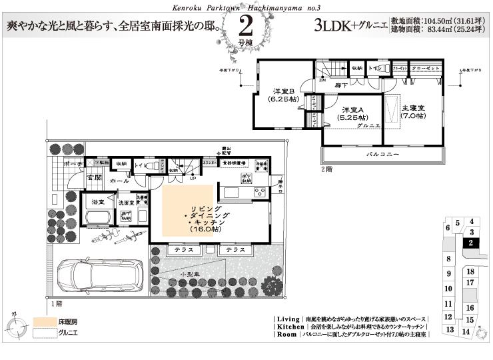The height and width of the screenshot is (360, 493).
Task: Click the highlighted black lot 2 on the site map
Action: coord(470,243)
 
